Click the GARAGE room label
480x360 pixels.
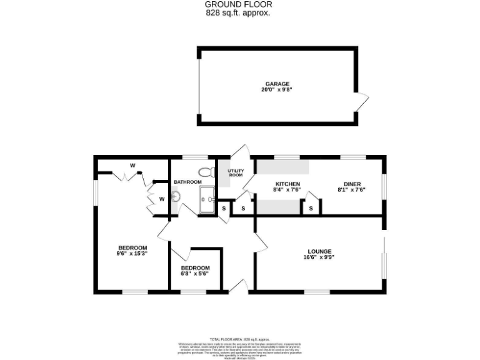(277, 84)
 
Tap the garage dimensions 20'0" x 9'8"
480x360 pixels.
(277, 90)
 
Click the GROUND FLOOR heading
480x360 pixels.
(239, 4)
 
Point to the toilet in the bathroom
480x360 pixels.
(203, 172)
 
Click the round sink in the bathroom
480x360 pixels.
(176, 197)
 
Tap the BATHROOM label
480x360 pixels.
(187, 182)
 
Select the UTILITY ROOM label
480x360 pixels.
(235, 172)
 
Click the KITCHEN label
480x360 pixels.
(288, 183)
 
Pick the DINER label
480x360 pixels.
(351, 183)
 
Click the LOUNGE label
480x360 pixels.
(319, 251)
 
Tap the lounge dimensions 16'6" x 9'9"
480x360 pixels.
(319, 257)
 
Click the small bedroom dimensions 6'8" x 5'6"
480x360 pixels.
(194, 273)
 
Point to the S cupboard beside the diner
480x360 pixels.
(311, 208)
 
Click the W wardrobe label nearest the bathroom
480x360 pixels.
(161, 199)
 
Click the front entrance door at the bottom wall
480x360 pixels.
(237, 287)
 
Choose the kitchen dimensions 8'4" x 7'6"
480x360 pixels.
(288, 189)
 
